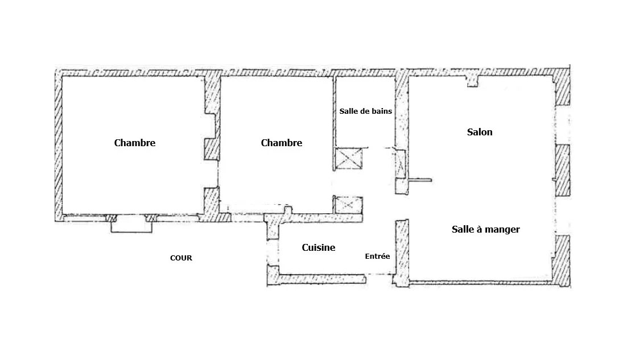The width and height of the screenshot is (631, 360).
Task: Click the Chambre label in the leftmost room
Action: pos(135,143)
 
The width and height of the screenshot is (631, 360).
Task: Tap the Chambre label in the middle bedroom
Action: pos(282,143)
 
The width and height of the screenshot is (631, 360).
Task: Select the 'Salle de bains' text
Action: pos(365,111)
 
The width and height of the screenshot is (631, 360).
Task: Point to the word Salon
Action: pos(480,132)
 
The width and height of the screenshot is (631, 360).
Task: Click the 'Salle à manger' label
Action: pos(486,229)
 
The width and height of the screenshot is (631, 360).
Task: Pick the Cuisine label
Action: pos(318,247)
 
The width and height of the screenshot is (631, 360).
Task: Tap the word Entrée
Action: pos(377,256)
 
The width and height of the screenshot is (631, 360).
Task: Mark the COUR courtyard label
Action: pos(181,258)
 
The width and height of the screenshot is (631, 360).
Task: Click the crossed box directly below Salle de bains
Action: pos(349,158)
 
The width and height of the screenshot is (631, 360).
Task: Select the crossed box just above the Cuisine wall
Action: pos(348,204)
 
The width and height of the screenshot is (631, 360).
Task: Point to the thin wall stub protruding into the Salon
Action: pos(420,180)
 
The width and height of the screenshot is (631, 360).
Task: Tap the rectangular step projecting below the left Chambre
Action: pos(131,226)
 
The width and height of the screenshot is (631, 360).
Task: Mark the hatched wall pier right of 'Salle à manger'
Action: pos(562,261)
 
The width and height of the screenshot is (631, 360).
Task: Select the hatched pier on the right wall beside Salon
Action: pos(563,169)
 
